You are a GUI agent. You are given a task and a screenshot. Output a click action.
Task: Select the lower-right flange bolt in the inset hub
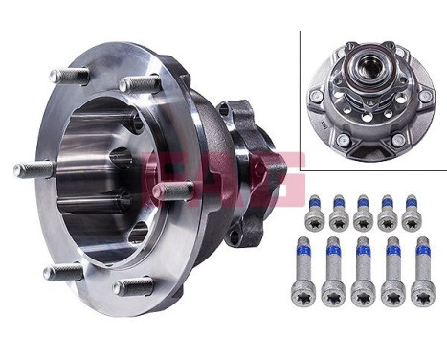pyautogui.click(x=398, y=141)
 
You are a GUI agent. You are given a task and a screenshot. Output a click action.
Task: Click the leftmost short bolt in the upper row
pyautogui.click(x=313, y=214)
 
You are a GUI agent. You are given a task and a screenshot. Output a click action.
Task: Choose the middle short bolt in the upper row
pyautogui.click(x=363, y=214)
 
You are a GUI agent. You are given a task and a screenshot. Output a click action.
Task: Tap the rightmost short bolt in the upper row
pyautogui.click(x=412, y=214)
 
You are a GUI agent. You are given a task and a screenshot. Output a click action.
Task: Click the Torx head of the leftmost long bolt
pyautogui.click(x=306, y=295)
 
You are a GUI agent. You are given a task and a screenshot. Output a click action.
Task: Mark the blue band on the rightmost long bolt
pyautogui.click(x=421, y=254)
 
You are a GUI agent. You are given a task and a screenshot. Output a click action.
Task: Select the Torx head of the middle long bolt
pyautogui.click(x=364, y=295)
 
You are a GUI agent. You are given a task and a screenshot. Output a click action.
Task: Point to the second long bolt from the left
pyautogui.click(x=333, y=273)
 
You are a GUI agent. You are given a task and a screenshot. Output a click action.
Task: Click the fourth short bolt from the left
pyautogui.click(x=388, y=214)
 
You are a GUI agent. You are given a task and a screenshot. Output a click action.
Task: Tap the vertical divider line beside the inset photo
pyautogui.click(x=300, y=96)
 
